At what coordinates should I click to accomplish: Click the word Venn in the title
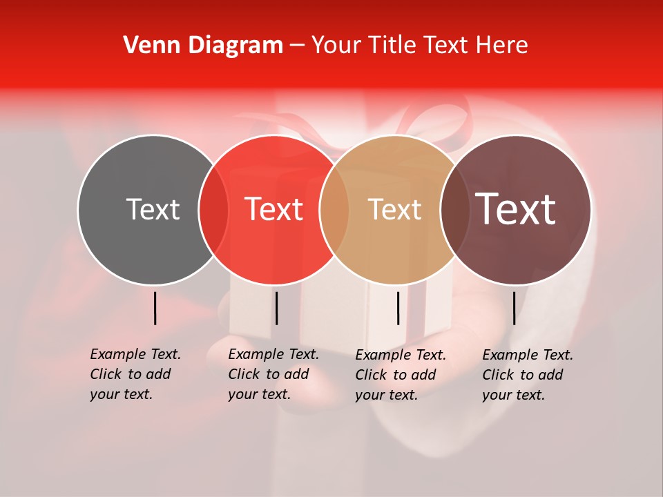coord(151,45)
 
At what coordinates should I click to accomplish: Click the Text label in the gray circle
coord(153,209)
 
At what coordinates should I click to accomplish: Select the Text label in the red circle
coord(274,209)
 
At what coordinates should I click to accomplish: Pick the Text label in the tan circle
coord(394,209)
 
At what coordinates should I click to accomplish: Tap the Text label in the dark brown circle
coord(515,209)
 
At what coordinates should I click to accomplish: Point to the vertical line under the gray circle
coord(155,308)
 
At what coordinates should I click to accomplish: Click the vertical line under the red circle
coord(276,308)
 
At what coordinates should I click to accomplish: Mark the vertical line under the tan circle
coord(398,308)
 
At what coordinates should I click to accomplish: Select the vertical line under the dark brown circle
coord(514,308)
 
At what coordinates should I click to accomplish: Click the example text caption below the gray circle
coord(135,374)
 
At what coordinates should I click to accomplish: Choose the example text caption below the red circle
coord(273,374)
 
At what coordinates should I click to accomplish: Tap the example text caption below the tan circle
coord(401,375)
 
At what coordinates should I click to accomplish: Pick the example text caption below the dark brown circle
coord(528,375)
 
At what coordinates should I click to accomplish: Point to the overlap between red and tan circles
coord(334,210)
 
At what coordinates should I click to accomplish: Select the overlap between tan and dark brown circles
coord(454,210)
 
